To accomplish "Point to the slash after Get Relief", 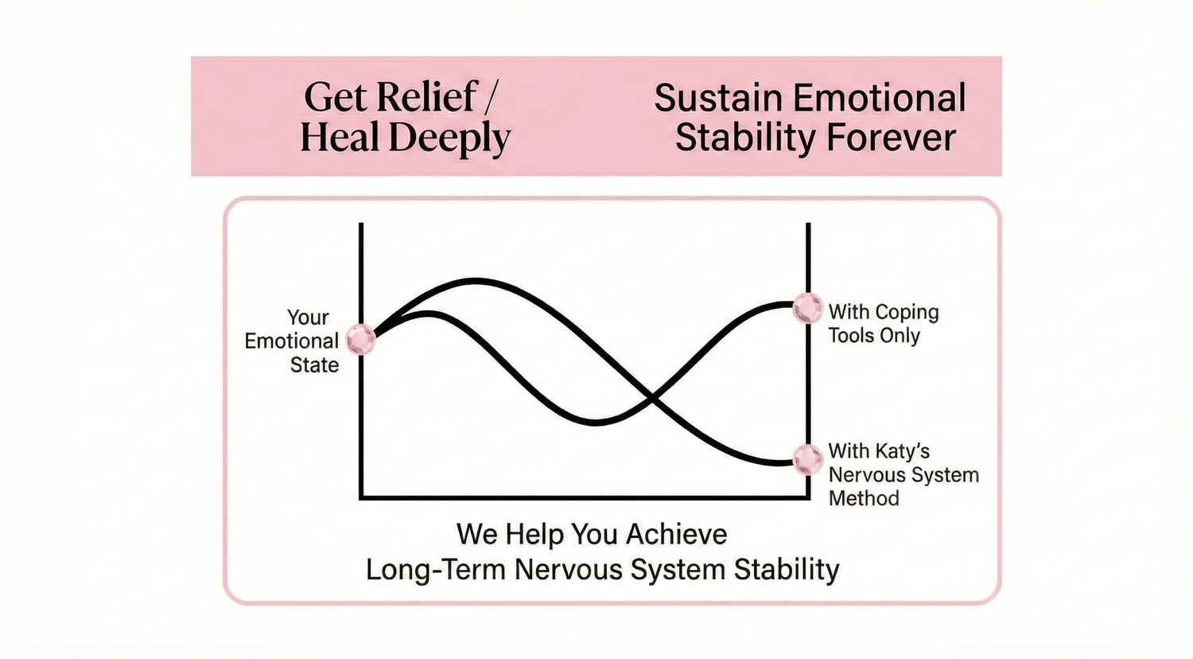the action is click(x=491, y=98).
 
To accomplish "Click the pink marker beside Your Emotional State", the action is click(x=360, y=340).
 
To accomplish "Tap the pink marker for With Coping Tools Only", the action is click(x=808, y=308).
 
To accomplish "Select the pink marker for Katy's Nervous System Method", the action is click(x=808, y=459).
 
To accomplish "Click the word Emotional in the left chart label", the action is click(x=291, y=341).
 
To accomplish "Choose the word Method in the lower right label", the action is click(x=864, y=498).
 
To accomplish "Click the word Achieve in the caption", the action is click(x=676, y=534).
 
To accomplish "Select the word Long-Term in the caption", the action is click(x=436, y=569).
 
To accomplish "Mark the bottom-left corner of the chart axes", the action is click(x=362, y=498).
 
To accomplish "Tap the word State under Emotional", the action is click(x=314, y=365).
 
